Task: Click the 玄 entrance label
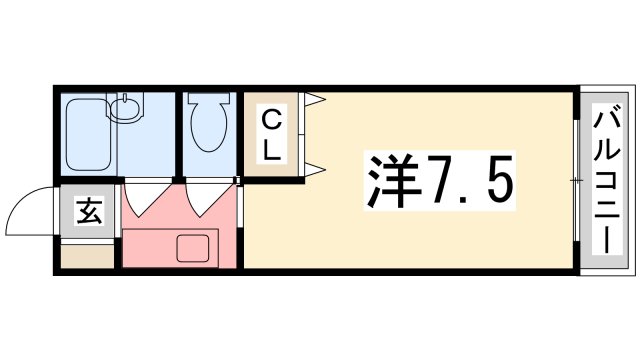point(89,211)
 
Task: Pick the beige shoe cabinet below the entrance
point(88,256)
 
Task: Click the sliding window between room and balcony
point(577,180)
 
